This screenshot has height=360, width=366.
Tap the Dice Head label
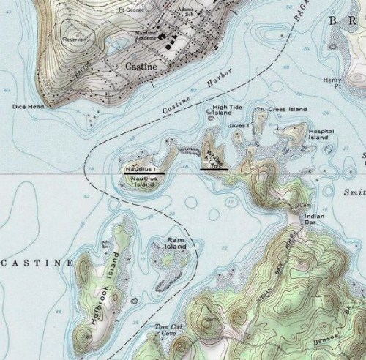[28, 106]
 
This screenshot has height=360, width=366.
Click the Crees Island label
[288, 109]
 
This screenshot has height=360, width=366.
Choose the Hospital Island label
[321, 134]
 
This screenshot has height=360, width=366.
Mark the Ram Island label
[176, 243]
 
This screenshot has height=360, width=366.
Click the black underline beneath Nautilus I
[144, 173]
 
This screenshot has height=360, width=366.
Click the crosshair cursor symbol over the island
[209, 160]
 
